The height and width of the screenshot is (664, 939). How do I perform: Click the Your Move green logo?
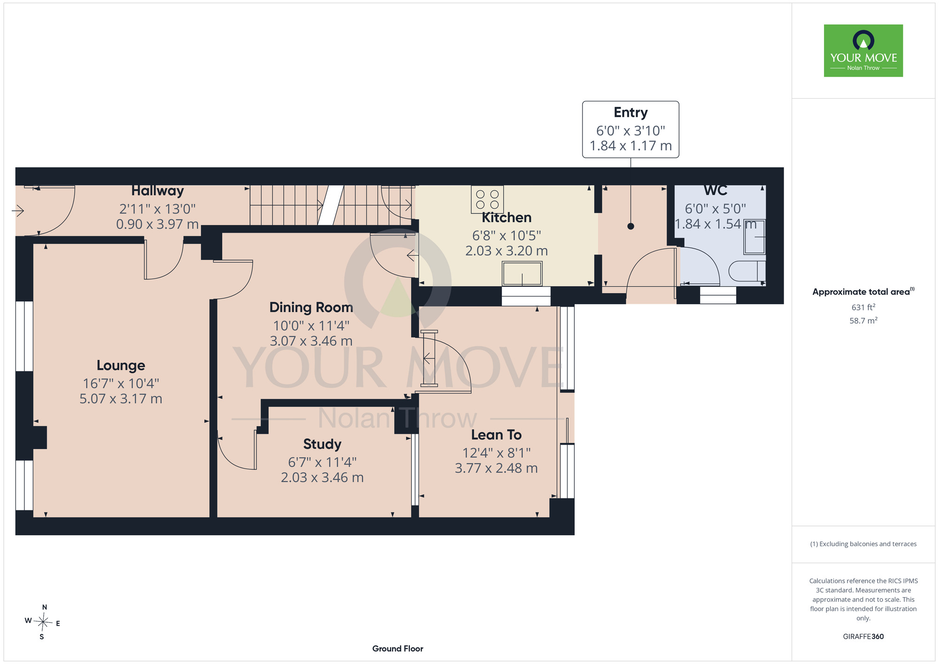point(863,51)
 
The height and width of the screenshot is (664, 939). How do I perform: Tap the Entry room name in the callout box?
point(631,113)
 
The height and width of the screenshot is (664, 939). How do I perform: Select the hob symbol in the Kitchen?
point(487,200)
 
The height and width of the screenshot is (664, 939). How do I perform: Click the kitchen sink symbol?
point(522,273)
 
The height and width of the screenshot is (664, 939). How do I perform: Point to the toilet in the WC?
point(747,271)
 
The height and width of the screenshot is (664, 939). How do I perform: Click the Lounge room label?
point(121,365)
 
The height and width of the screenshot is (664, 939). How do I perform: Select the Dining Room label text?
point(311,307)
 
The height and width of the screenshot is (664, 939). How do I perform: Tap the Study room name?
point(322,444)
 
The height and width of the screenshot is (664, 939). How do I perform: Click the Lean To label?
point(496,435)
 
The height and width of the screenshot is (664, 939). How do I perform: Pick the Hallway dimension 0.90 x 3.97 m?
point(157,224)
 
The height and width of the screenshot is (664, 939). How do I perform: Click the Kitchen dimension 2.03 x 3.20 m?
point(507,251)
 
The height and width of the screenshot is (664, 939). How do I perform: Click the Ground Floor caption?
point(398,649)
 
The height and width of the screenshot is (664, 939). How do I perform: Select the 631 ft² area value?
point(863,307)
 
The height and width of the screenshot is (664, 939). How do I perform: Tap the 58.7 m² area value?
point(863,321)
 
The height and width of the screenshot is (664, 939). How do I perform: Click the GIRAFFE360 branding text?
point(863,637)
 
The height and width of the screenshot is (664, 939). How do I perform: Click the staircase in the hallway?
point(331,205)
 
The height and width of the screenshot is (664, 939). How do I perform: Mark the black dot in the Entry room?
point(631,226)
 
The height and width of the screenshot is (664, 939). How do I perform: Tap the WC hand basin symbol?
point(754,237)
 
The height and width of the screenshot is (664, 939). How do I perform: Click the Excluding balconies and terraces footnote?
point(863,544)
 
